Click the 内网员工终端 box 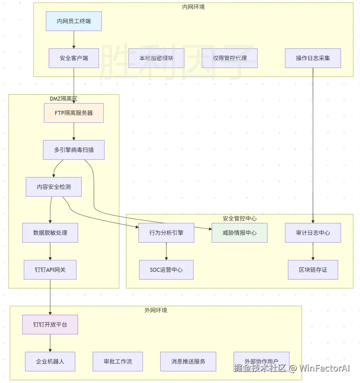point(74,21)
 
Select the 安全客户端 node point(74,58)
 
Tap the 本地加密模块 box point(156,58)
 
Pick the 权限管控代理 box point(230,58)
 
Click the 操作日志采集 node point(313,58)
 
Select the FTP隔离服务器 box point(74,113)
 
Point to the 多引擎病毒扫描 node point(74,150)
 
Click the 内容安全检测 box point(54,187)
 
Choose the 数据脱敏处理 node point(50,233)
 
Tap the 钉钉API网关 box point(50,270)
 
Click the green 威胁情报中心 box point(239,233)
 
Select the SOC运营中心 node point(166,270)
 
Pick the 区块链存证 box point(313,270)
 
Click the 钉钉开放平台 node point(50,324)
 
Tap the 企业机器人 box point(50,361)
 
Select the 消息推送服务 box point(188,361)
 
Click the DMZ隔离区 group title point(64,99)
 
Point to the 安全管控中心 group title point(239,219)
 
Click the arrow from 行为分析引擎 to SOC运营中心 point(166,251)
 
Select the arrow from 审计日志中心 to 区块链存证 point(313,251)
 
